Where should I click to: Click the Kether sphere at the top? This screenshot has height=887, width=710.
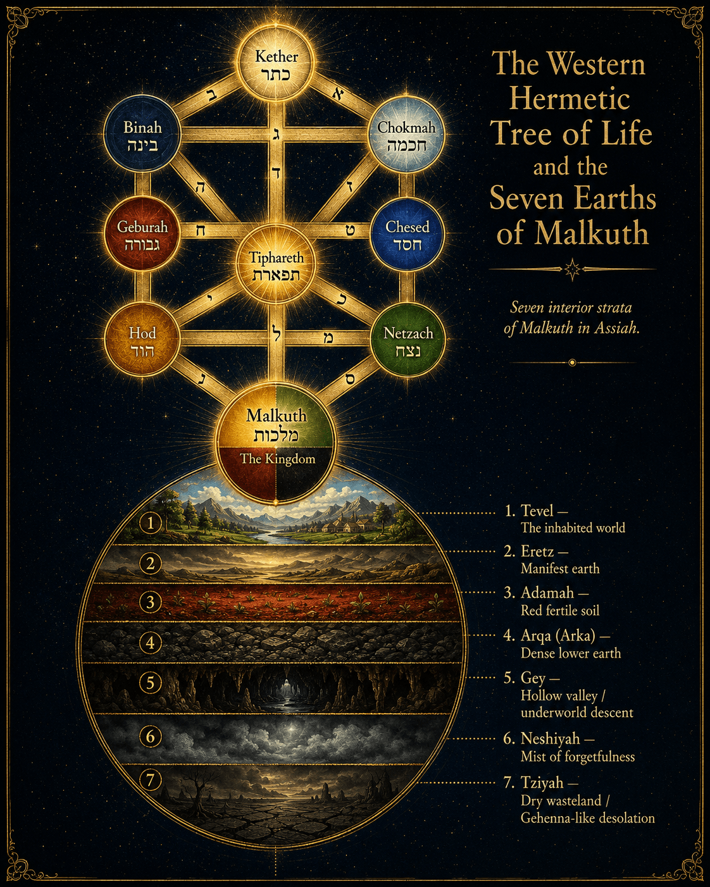(277, 66)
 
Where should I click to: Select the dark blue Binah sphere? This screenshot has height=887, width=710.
(142, 133)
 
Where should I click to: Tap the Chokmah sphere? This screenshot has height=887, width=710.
(406, 133)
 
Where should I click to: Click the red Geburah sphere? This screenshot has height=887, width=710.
(142, 234)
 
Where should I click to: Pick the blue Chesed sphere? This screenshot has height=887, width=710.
(407, 234)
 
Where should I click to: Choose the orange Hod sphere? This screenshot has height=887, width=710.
(142, 340)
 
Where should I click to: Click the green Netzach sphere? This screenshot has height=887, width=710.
(408, 340)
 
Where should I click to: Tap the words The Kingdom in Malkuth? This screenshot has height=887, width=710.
(278, 458)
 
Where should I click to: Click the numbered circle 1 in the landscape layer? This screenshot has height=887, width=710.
(150, 523)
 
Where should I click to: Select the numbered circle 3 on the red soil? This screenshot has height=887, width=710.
(150, 602)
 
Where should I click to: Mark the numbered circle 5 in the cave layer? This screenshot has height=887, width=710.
(150, 683)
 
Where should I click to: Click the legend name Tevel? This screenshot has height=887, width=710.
(537, 511)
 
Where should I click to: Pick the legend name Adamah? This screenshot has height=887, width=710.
(547, 592)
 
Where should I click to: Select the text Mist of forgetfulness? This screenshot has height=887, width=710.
(578, 757)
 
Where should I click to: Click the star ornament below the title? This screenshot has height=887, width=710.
(572, 270)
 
